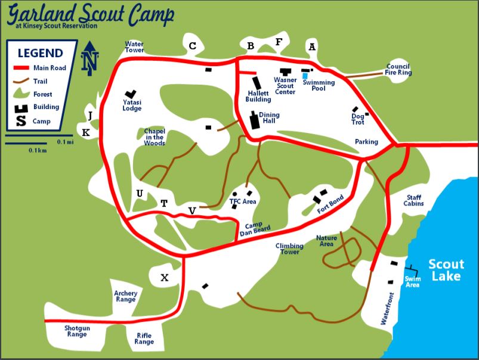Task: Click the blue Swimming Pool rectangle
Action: [x=305, y=76]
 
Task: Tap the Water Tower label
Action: [x=134, y=47]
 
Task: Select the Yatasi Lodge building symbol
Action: [x=129, y=94]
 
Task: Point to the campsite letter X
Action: [x=165, y=278]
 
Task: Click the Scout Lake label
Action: [x=446, y=270]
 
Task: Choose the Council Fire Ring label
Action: [x=398, y=70]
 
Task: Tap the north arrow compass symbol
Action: [x=90, y=58]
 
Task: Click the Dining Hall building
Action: [x=255, y=121]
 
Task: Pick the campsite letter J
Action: [x=90, y=116]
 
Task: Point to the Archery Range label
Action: [x=126, y=296]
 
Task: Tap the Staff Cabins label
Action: [x=415, y=200]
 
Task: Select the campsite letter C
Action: [x=192, y=46]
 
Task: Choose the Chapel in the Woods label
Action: [x=154, y=136]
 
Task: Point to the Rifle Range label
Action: [x=144, y=338]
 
